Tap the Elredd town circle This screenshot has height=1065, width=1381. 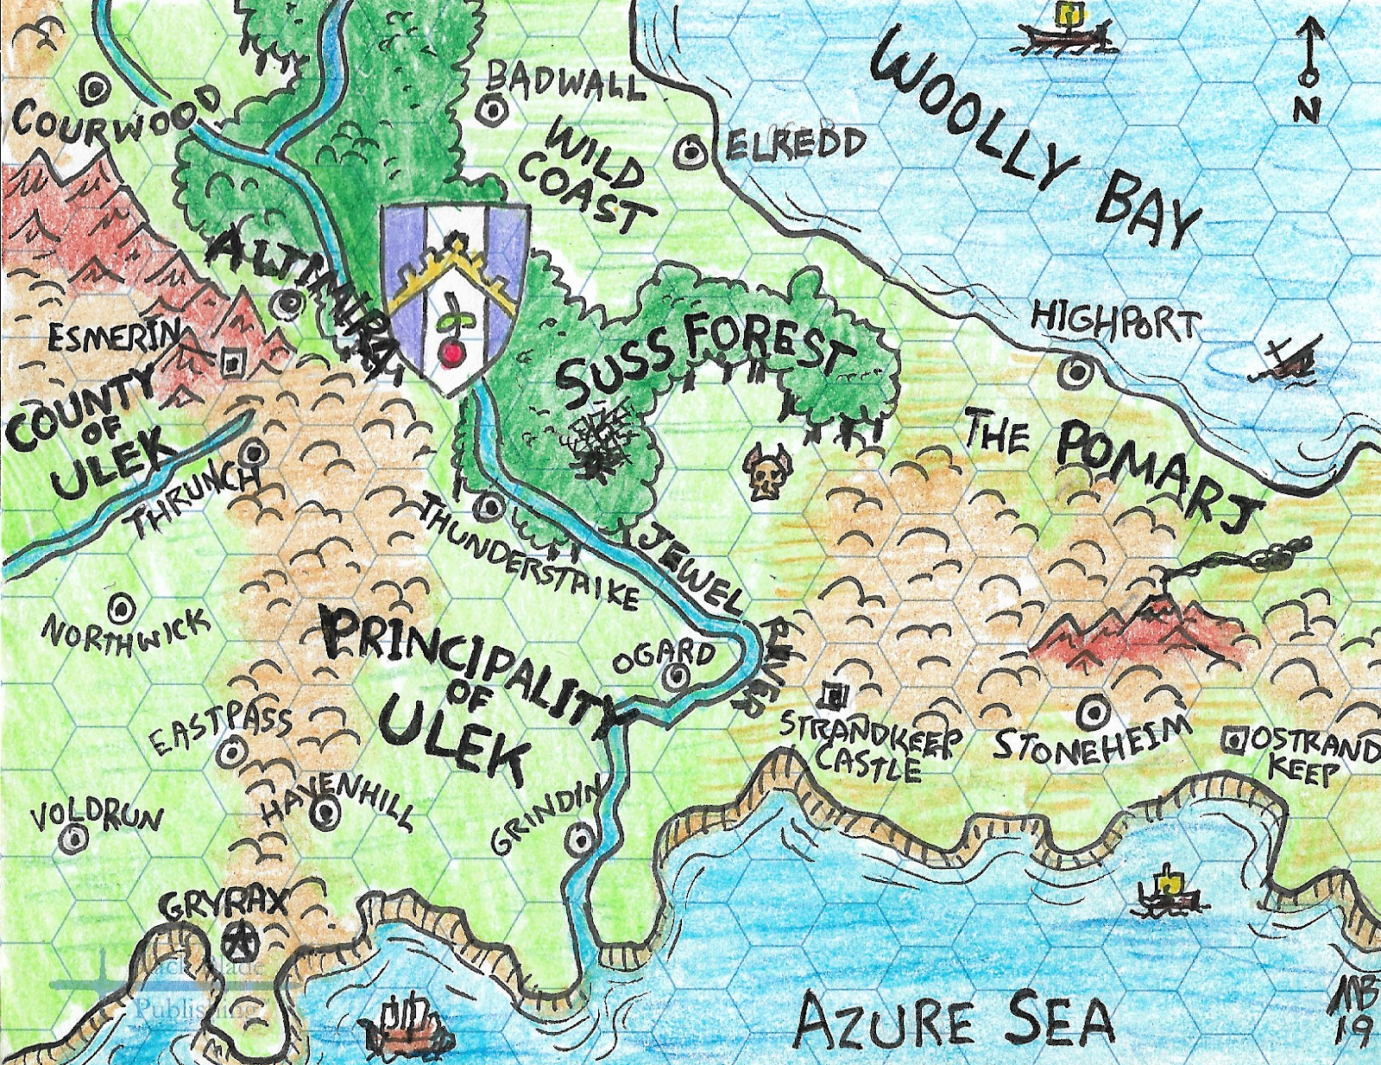[691, 153]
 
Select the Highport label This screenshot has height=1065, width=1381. [1115, 321]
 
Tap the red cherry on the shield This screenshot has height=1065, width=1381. [450, 353]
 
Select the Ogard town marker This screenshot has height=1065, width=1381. [676, 677]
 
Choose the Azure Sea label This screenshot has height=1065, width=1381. [954, 1021]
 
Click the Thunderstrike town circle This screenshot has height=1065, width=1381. [489, 507]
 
